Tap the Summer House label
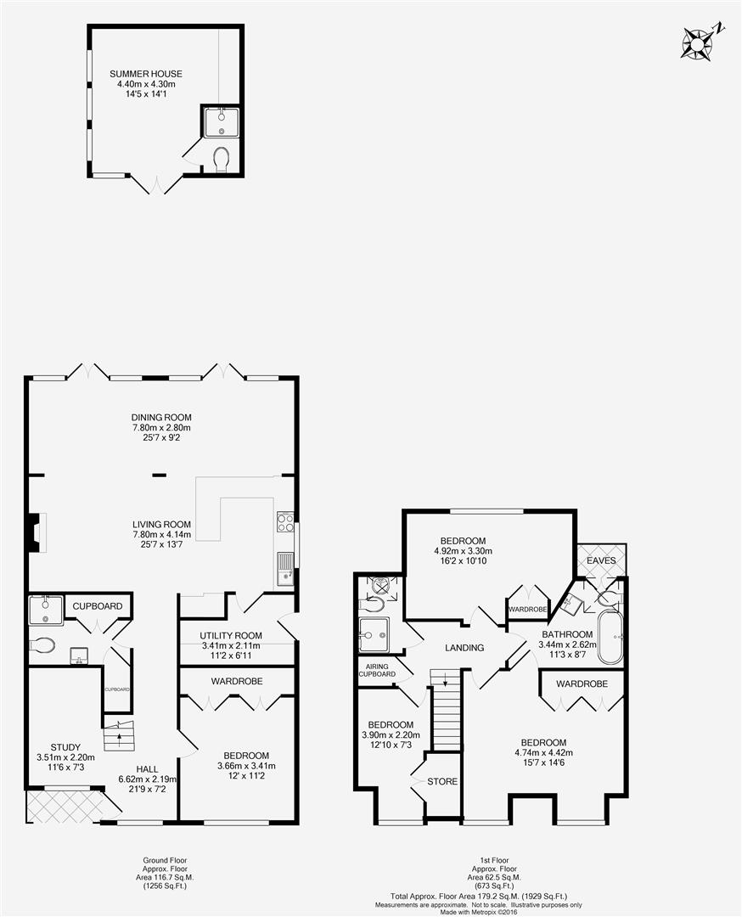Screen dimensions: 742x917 tap(146, 74)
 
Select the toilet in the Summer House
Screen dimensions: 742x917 tap(221, 159)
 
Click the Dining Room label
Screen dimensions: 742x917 tap(161, 418)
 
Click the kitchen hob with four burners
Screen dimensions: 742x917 tap(285, 522)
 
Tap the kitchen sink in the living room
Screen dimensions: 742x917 tap(284, 568)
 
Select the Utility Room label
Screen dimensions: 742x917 tap(231, 636)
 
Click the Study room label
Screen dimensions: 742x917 tap(65, 747)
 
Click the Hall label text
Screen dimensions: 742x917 tap(148, 769)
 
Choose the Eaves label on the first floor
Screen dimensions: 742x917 tap(601, 560)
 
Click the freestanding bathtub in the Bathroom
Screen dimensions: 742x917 tap(611, 638)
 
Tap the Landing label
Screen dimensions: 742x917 tap(464, 647)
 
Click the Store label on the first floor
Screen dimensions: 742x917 tap(442, 781)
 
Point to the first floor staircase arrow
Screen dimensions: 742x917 tap(446, 679)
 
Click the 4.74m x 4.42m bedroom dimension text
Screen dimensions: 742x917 tap(544, 752)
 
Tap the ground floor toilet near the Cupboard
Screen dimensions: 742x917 tap(42, 645)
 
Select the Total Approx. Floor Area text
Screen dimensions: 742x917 tap(478, 896)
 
